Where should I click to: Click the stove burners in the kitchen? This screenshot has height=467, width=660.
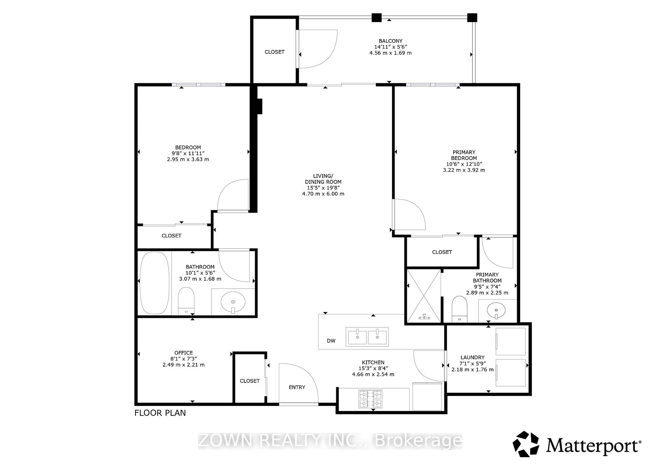coord(370,399)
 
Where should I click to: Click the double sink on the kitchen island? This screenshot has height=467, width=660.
coord(367,337)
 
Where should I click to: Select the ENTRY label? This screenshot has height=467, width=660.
coord(297,387)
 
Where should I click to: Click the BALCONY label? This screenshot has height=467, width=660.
coord(390,41)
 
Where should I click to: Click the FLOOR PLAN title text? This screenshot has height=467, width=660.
coord(160,413)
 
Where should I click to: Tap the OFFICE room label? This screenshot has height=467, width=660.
coord(183,353)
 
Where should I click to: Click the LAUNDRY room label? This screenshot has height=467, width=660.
coord(472,357)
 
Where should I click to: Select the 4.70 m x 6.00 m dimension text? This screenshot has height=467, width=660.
coord(323,194)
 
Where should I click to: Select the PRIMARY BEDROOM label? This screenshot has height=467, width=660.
coord(464,155)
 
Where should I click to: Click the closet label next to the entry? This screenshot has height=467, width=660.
coord(250,381)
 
